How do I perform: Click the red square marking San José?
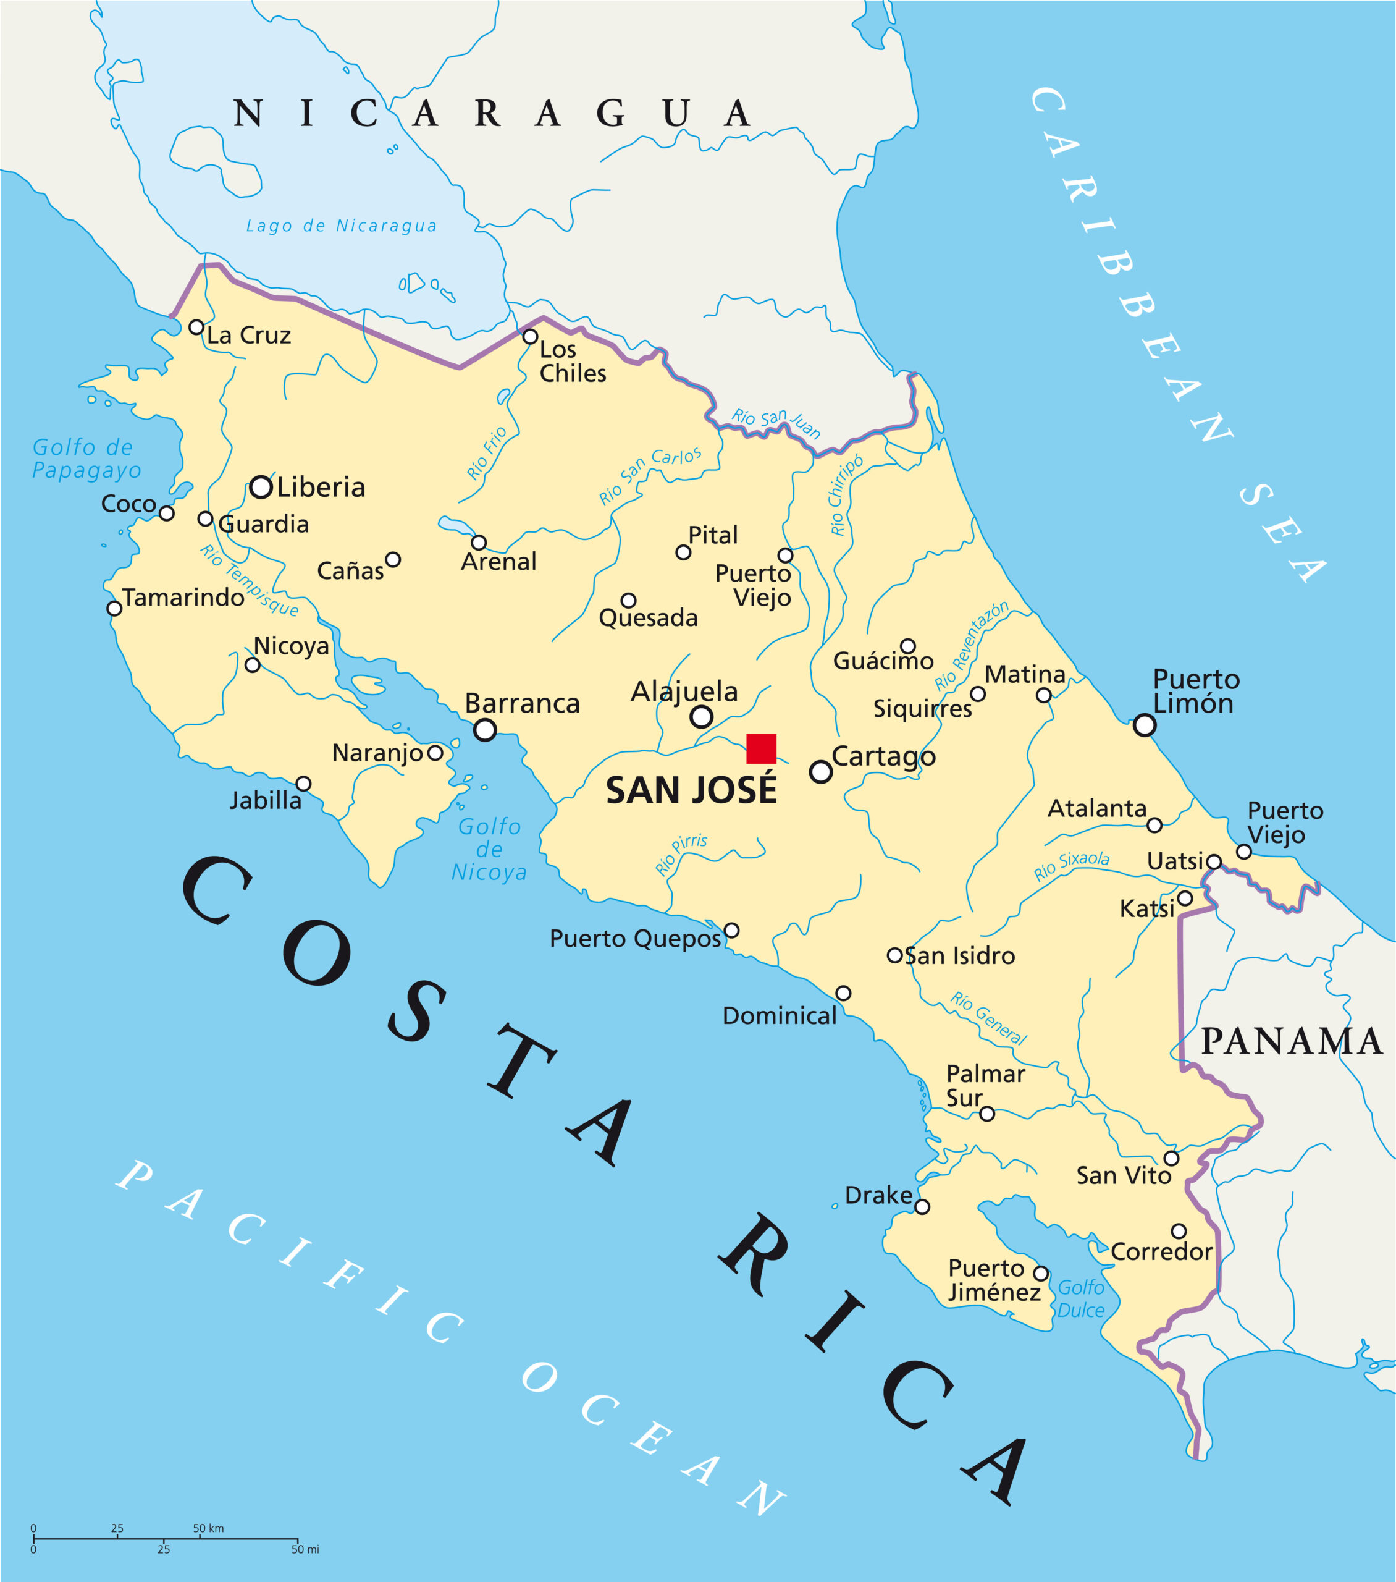click(760, 748)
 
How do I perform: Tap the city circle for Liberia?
click(261, 487)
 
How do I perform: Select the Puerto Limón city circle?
click(1144, 725)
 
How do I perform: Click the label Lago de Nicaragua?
click(341, 226)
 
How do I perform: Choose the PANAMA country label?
click(1291, 1041)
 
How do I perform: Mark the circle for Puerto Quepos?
click(731, 930)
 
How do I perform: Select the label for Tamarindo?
click(183, 598)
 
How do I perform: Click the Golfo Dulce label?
click(1080, 1299)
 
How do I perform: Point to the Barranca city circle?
click(485, 729)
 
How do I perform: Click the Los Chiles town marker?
click(530, 337)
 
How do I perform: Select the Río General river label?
click(988, 1018)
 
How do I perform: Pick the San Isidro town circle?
click(894, 955)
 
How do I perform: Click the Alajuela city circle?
click(701, 717)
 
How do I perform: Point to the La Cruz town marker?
click(196, 328)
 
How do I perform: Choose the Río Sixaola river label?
click(1071, 865)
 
